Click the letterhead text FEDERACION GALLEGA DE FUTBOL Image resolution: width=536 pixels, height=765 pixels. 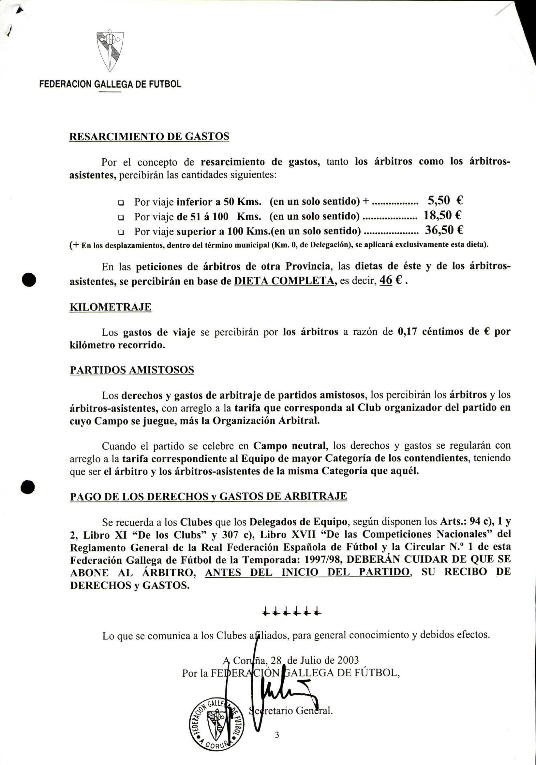tap(110, 84)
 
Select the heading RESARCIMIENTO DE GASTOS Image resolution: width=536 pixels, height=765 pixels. tap(149, 137)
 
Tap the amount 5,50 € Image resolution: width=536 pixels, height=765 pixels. tap(445, 201)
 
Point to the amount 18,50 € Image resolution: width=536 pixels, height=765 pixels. tap(442, 215)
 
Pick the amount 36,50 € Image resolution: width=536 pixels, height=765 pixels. tap(444, 230)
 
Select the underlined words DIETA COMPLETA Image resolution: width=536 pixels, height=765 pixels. tap(285, 281)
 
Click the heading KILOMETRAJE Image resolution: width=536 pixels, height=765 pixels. tap(110, 307)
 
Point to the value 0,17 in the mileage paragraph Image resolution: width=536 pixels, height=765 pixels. tap(407, 332)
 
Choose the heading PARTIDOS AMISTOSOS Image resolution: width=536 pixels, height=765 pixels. tap(132, 370)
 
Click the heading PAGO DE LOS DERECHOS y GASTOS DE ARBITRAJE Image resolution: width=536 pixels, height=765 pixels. tap(208, 497)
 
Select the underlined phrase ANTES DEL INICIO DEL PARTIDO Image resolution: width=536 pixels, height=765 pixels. tap(307, 572)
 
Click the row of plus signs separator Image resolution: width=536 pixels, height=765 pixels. tap(292, 612)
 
